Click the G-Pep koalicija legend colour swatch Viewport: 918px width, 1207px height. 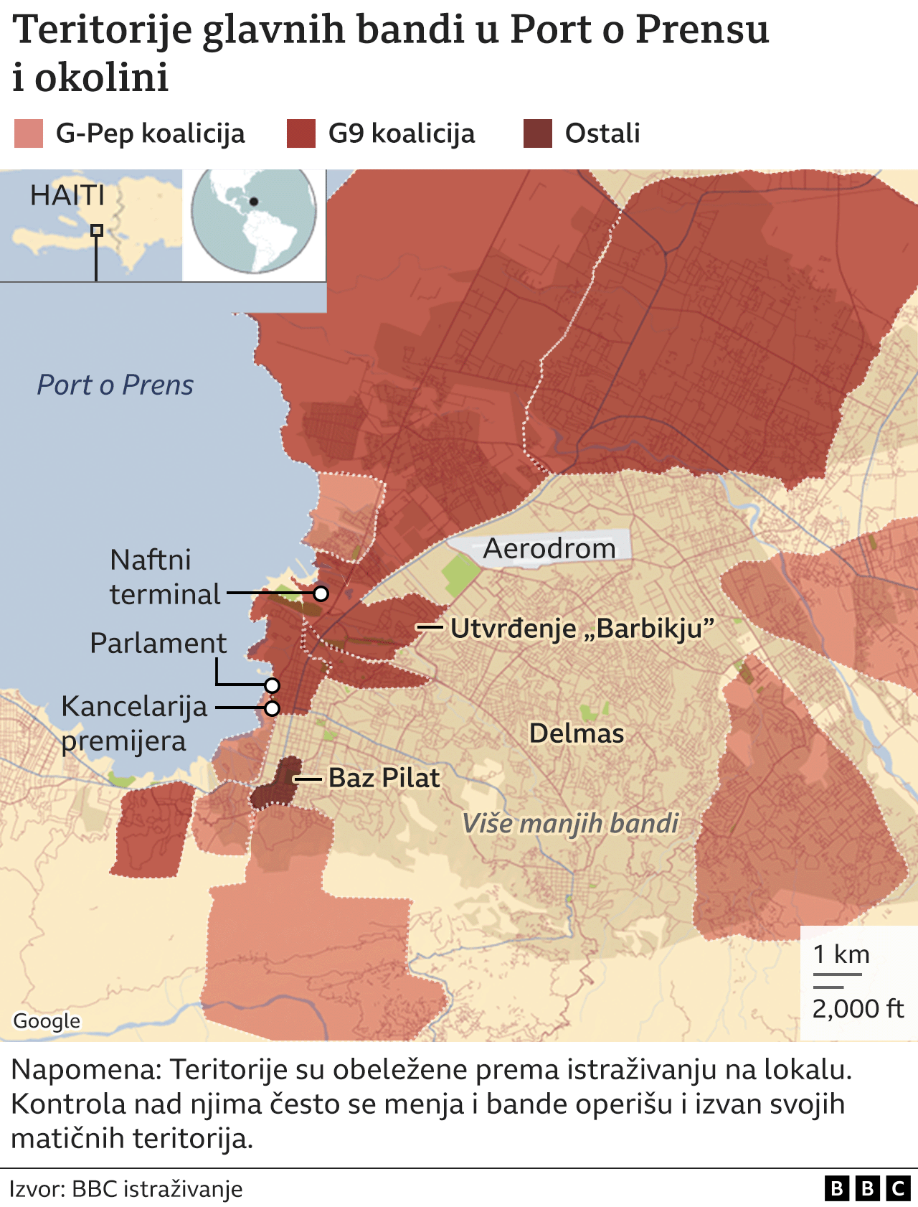[x=29, y=133]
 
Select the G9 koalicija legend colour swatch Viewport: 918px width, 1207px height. [x=301, y=133]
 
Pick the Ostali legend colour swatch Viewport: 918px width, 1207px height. [x=538, y=133]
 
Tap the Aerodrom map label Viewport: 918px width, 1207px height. [x=549, y=549]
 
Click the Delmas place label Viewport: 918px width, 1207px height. [x=577, y=733]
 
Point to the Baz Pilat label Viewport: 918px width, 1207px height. [x=384, y=778]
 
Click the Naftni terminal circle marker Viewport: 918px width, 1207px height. [x=321, y=593]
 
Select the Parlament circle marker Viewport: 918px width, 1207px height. [x=271, y=685]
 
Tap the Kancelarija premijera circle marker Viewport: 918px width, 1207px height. [x=272, y=708]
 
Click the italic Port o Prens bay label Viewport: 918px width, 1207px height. [x=115, y=385]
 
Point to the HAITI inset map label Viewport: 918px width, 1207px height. [x=67, y=195]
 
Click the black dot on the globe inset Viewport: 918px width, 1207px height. [x=254, y=202]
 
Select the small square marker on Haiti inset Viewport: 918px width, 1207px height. [x=97, y=230]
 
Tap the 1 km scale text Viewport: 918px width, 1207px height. [x=841, y=955]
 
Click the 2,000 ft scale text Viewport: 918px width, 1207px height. [x=858, y=1009]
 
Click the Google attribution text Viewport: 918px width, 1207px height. [x=47, y=1021]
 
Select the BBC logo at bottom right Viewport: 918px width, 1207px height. [x=867, y=1189]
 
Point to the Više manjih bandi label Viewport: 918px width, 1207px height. [x=570, y=823]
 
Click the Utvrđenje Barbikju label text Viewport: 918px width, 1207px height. [x=582, y=629]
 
